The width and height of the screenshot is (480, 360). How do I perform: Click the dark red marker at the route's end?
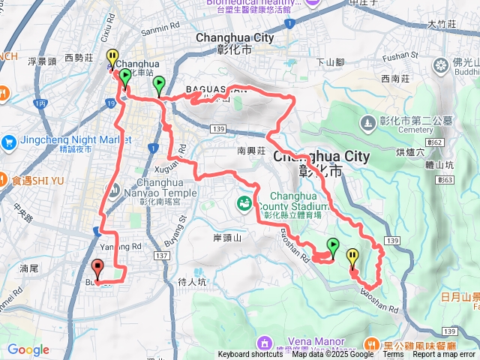click(x=97, y=268)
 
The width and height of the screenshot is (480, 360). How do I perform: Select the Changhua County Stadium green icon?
click(x=244, y=202)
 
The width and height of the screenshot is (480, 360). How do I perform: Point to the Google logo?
click(x=28, y=349)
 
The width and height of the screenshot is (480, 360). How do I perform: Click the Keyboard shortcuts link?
click(x=250, y=355)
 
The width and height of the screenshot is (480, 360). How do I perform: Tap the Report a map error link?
click(x=444, y=355)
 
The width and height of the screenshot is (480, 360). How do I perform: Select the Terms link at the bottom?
click(x=393, y=355)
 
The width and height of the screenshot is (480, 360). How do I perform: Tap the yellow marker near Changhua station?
click(x=112, y=58)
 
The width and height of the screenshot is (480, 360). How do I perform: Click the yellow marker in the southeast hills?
click(x=352, y=259)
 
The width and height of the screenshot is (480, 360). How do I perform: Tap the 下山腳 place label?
click(x=330, y=61)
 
